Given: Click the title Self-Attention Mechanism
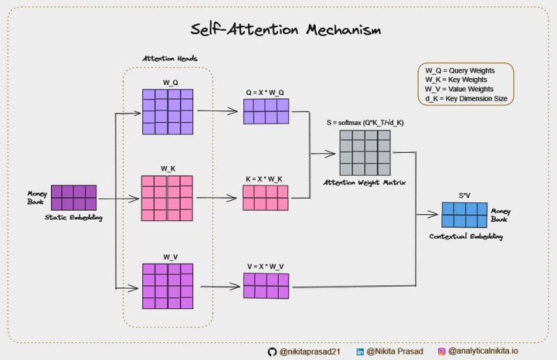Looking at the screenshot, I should pyautogui.click(x=287, y=31).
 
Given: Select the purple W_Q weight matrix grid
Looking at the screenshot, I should pyautogui.click(x=167, y=111).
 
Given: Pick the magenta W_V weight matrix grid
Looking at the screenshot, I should pyautogui.click(x=167, y=285).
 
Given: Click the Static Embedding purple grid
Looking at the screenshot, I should pyautogui.click(x=74, y=197).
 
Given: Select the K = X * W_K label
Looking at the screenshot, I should pyautogui.click(x=265, y=179).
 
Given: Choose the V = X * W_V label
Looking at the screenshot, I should pyautogui.click(x=265, y=266).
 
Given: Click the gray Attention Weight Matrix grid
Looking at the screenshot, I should pyautogui.click(x=365, y=153).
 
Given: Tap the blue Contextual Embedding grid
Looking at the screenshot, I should pyautogui.click(x=464, y=215).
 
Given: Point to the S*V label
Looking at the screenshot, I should pyautogui.click(x=464, y=196).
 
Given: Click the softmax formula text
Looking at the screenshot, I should pyautogui.click(x=365, y=123).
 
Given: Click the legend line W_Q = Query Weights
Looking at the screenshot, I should pyautogui.click(x=460, y=70).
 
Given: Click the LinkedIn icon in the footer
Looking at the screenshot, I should pyautogui.click(x=360, y=352).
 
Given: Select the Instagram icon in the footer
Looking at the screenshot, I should pyautogui.click(x=441, y=352).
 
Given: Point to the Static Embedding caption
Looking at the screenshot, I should pyautogui.click(x=74, y=218).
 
